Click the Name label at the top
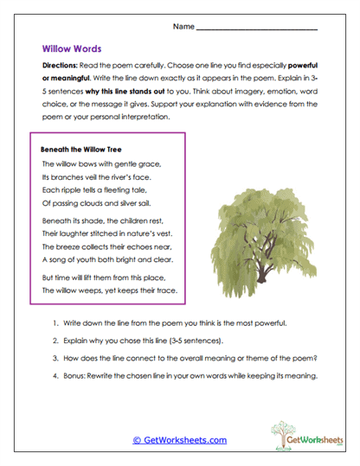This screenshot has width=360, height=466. pyautogui.click(x=183, y=28)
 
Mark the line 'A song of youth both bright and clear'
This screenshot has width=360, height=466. pyautogui.click(x=103, y=262)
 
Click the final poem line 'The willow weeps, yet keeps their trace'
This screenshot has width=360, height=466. pyautogui.click(x=109, y=290)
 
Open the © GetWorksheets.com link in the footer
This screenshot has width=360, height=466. pyautogui.click(x=179, y=440)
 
